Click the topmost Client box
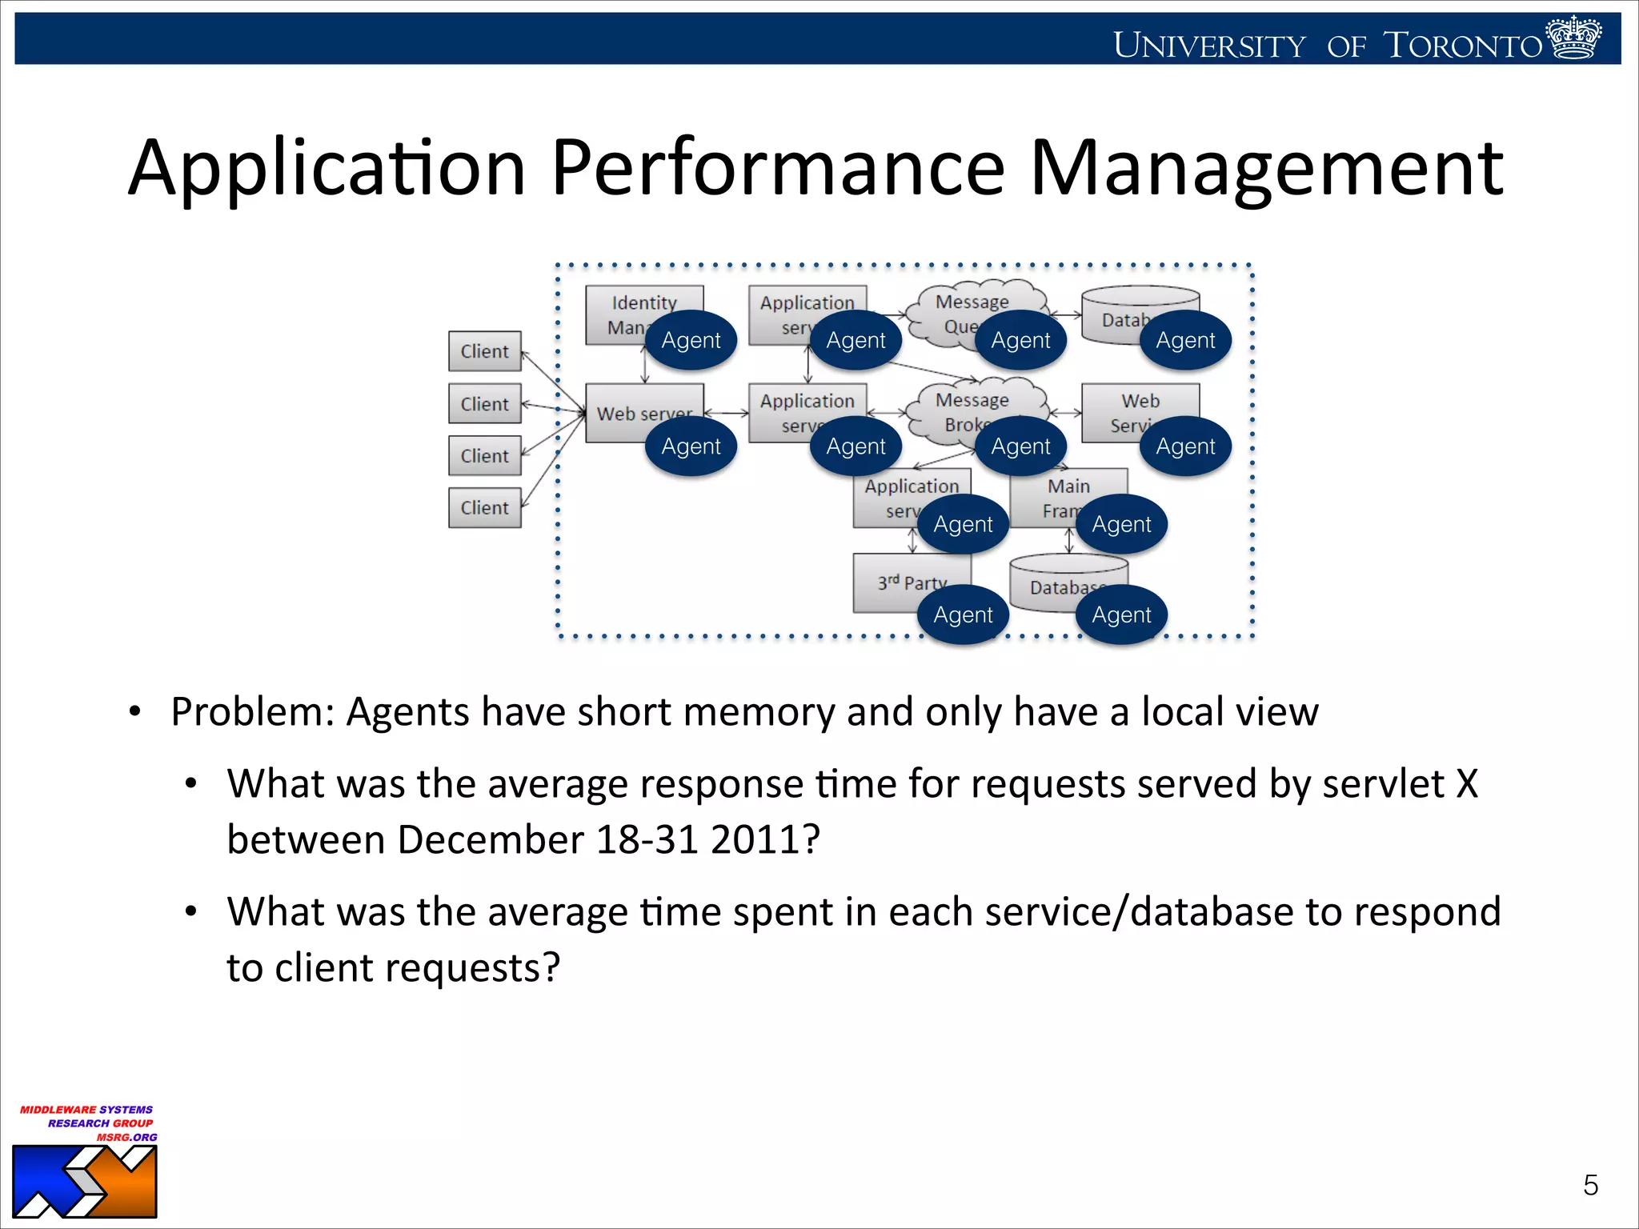point(484,351)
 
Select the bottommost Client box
point(484,507)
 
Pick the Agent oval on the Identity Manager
point(691,340)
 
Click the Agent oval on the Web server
point(691,446)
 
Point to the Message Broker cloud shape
point(952,408)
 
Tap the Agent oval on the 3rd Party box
point(963,614)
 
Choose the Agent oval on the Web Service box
point(1185,446)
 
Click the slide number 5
point(1590,1185)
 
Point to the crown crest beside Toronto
point(1573,38)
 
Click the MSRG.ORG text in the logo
point(126,1137)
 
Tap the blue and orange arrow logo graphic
point(84,1182)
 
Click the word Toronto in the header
point(1462,46)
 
